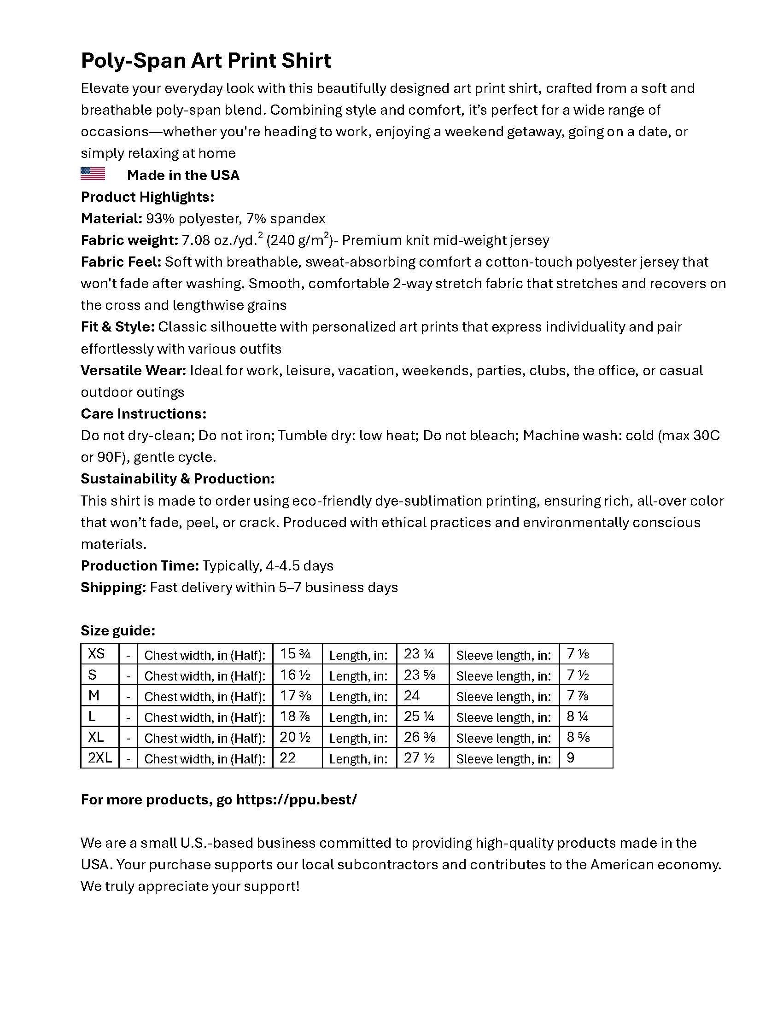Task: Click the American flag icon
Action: [x=93, y=174]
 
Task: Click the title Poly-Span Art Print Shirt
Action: [x=205, y=61]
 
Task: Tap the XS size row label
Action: [x=96, y=653]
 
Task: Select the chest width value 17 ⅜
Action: [x=295, y=695]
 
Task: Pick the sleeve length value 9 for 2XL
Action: [x=571, y=757]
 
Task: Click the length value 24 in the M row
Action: [x=411, y=695]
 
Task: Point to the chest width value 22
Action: [x=287, y=757]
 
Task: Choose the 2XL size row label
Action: [x=100, y=757]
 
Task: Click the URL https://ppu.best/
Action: [x=297, y=799]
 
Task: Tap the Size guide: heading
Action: [x=118, y=630]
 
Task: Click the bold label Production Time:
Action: [x=140, y=565]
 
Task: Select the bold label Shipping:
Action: [x=113, y=587]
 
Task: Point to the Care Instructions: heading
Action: [x=143, y=413]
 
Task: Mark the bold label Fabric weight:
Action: [x=129, y=240]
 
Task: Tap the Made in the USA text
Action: [x=183, y=175]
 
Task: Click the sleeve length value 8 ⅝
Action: [x=578, y=737]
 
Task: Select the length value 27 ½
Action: [x=419, y=757]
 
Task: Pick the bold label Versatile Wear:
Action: [x=133, y=370]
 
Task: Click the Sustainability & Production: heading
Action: [x=178, y=478]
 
